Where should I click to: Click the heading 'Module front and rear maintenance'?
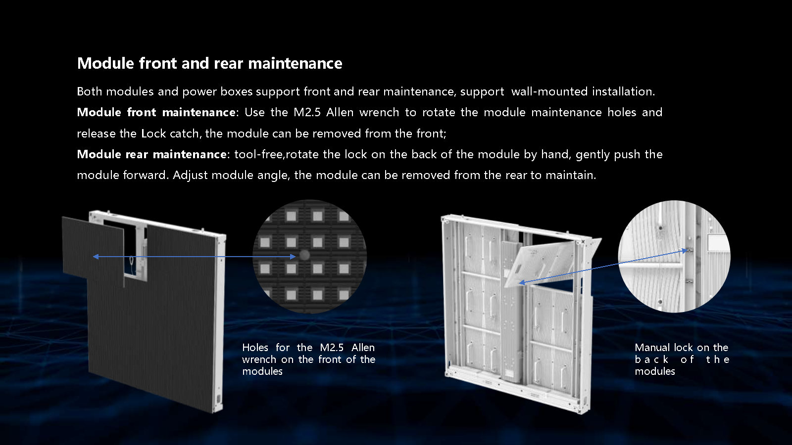coord(210,64)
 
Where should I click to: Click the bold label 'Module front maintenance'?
coord(156,112)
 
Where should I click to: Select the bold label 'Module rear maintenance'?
coord(151,154)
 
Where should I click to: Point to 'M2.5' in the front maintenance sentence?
coord(307,112)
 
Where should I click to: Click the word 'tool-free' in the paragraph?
coord(258,154)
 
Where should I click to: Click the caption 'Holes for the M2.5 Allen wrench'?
coord(308,354)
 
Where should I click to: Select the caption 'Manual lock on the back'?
coord(681,354)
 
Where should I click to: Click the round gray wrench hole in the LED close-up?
coord(304,255)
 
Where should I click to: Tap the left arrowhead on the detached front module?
coord(96,257)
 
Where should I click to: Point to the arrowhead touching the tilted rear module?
coord(522,282)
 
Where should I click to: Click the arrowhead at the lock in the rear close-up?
coord(684,250)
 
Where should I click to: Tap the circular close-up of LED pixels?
coord(310,257)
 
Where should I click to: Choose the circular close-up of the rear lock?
coord(674,257)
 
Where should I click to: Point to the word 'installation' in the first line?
coord(623,91)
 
